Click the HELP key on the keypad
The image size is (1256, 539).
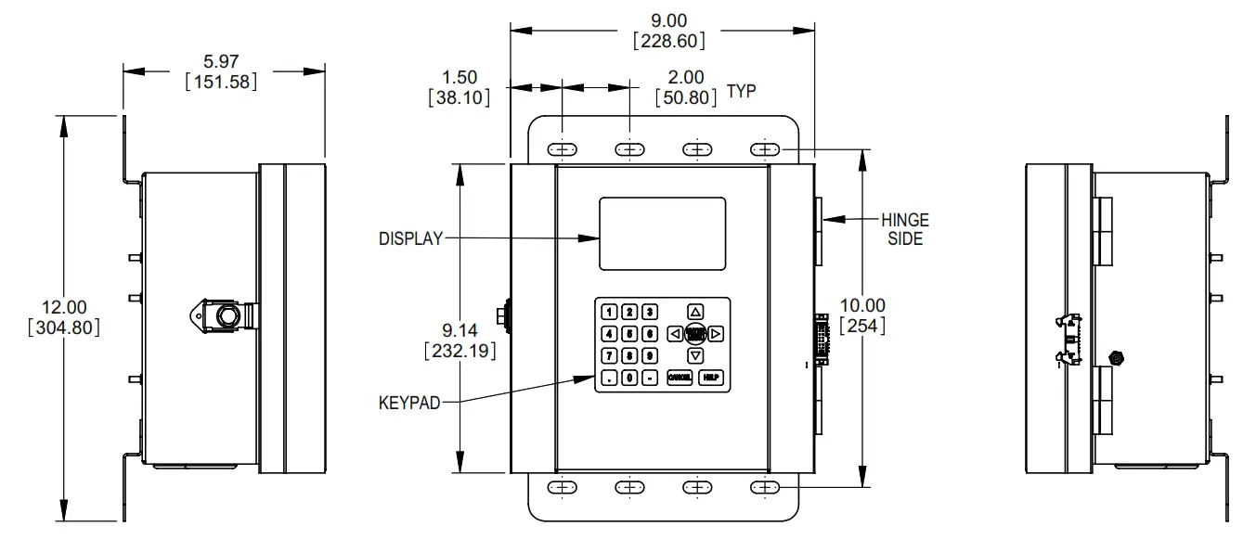[710, 378]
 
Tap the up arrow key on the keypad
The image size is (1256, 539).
[695, 312]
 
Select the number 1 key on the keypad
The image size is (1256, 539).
[609, 312]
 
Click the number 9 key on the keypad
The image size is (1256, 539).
[650, 355]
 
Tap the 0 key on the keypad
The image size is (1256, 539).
[629, 378]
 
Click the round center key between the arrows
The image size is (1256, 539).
[695, 334]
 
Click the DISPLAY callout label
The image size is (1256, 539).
[410, 238]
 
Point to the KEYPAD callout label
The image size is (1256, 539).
[409, 404]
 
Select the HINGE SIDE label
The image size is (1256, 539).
[904, 229]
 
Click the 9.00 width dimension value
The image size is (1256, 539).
[667, 19]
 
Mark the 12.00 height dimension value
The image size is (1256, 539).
[64, 306]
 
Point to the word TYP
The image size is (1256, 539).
[741, 91]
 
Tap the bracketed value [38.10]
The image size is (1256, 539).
[459, 96]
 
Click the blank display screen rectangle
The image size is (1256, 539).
[662, 233]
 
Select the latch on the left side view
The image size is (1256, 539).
[222, 315]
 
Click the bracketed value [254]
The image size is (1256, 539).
[862, 325]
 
